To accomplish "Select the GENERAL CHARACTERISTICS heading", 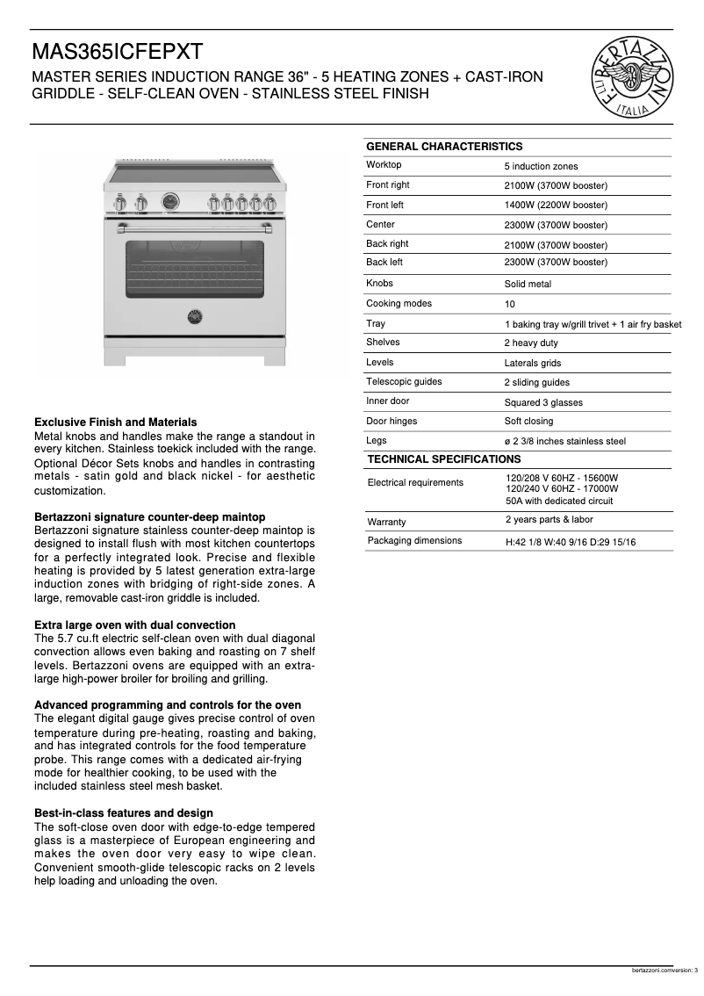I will tap(443, 147).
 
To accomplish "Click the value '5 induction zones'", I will tap(541, 166).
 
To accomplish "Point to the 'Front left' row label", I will tap(384, 205).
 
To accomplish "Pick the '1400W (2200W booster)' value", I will tap(556, 206).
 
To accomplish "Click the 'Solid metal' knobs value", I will tap(528, 285).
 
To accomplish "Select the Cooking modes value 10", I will tap(509, 305).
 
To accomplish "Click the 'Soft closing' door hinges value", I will tap(528, 421).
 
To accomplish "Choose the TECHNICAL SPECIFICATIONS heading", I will tap(443, 459).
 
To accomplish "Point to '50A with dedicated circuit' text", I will tap(559, 501).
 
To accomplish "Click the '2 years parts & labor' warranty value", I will tap(549, 520).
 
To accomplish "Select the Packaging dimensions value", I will tap(571, 542).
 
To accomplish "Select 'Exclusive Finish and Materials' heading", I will tap(115, 422).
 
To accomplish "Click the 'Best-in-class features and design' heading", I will tap(123, 813).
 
